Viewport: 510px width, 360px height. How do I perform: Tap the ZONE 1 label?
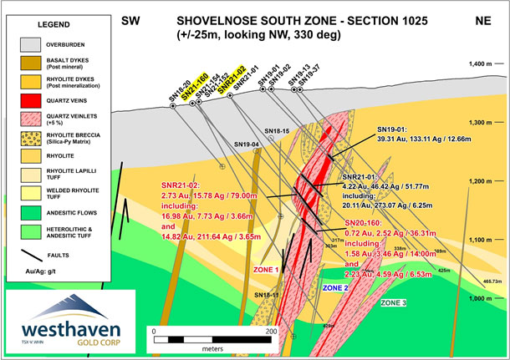266,270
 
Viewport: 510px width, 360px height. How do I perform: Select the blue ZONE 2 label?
334,287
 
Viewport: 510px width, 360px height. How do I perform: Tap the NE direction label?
482,19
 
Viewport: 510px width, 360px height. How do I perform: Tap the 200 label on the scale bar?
271,331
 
